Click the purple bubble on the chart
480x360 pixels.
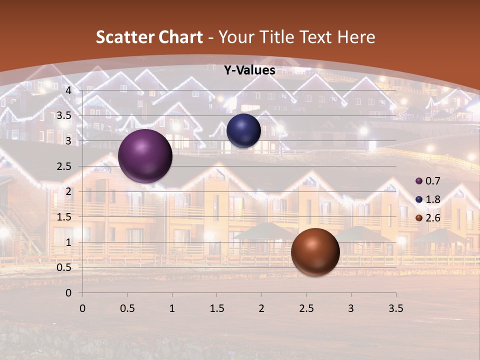click(145, 156)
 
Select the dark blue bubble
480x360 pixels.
click(243, 130)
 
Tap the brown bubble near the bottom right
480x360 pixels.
click(315, 252)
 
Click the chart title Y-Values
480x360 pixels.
click(249, 70)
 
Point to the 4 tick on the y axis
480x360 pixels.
click(68, 90)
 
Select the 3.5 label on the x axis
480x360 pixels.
click(395, 309)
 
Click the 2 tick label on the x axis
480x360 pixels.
click(261, 309)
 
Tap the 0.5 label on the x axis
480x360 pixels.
click(127, 309)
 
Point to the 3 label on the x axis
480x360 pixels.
click(350, 309)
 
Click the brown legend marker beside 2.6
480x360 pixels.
click(419, 218)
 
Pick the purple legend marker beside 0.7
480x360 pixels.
click(419, 180)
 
